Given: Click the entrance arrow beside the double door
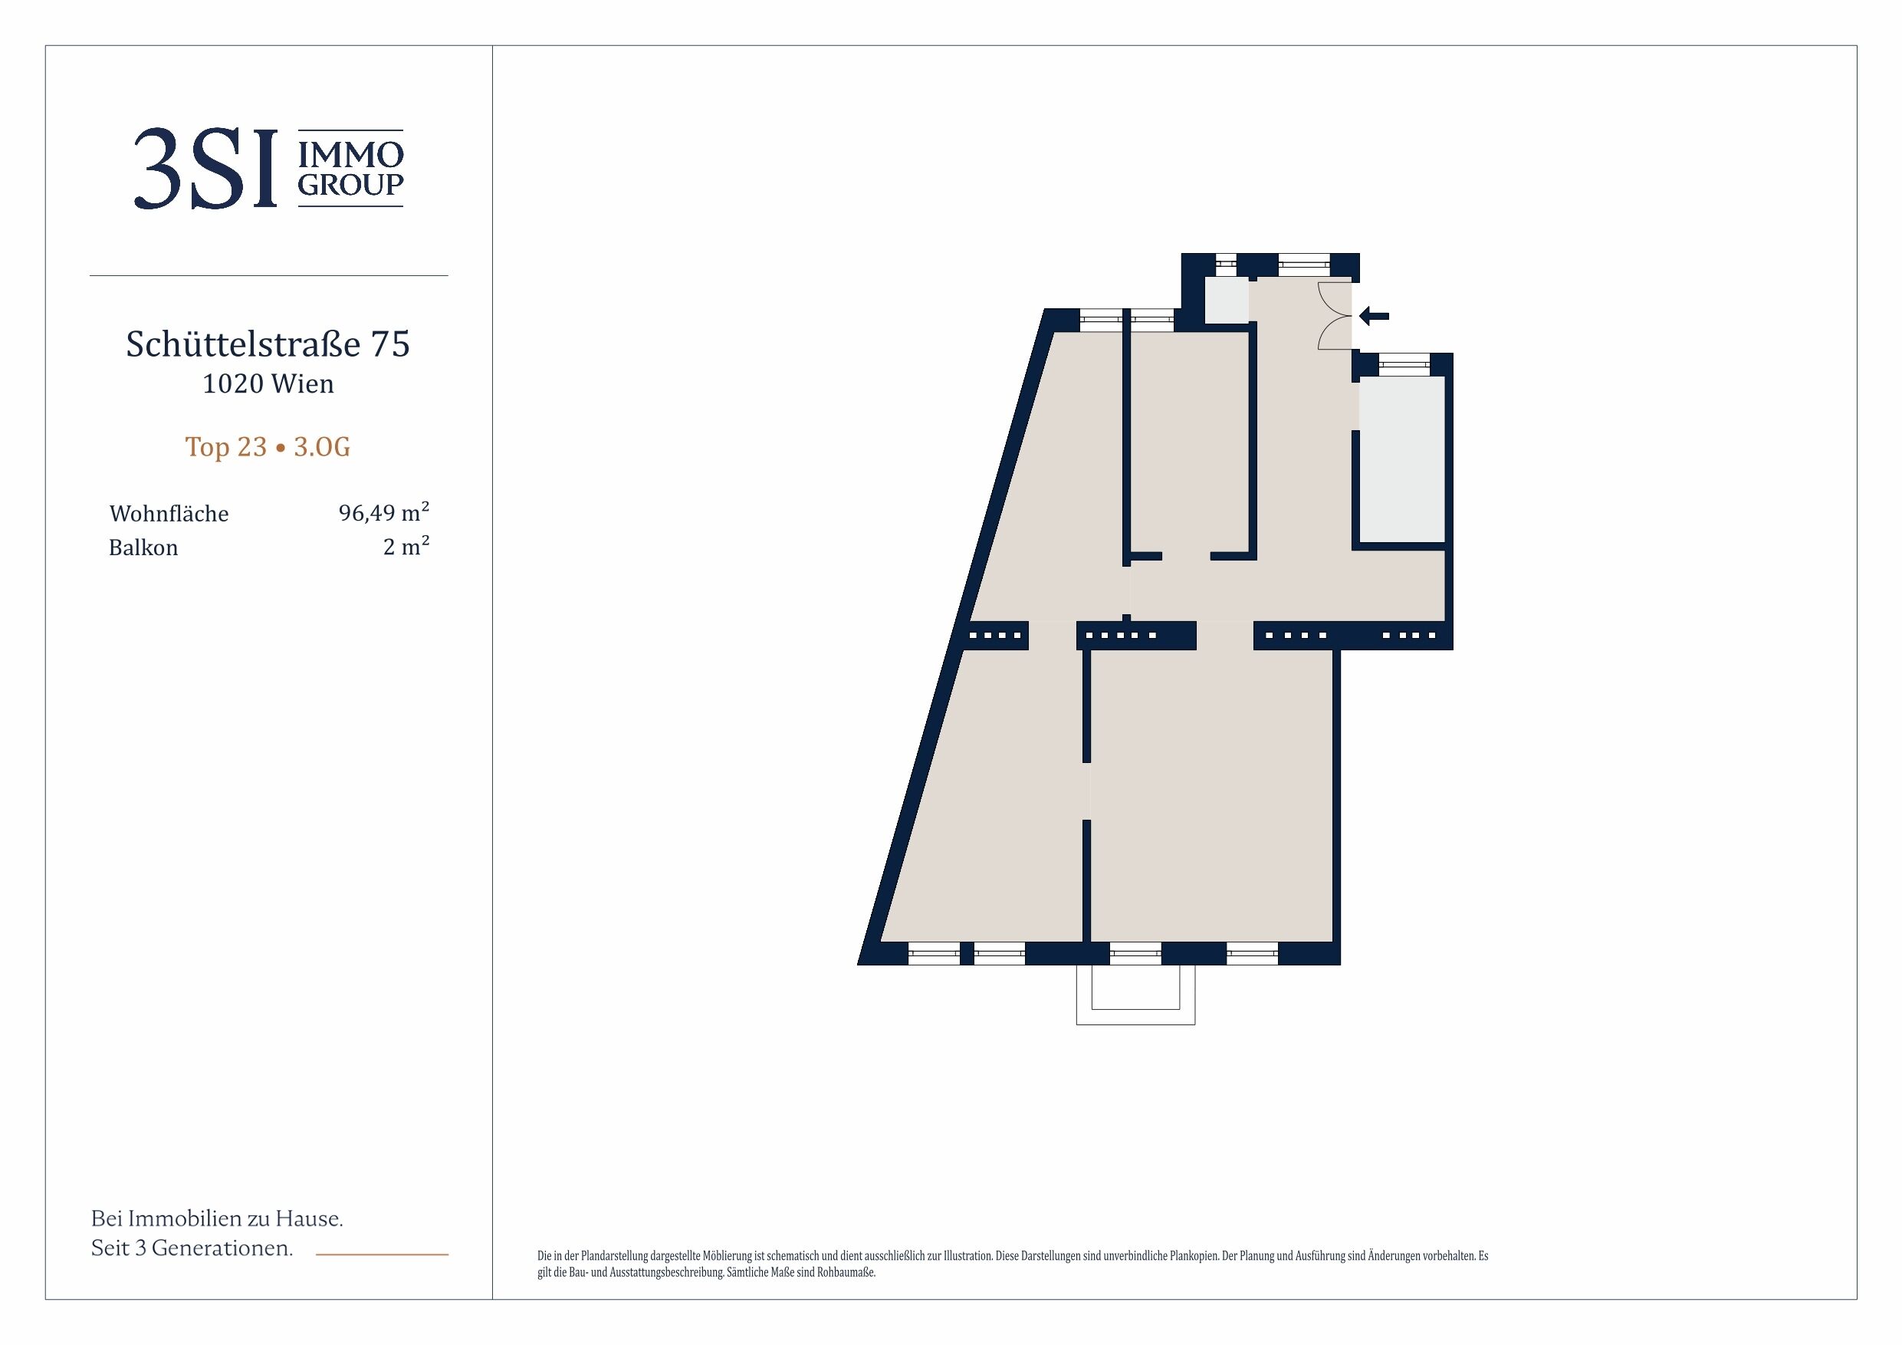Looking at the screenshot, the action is coord(1374,316).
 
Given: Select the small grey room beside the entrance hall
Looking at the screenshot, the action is coord(1226,300).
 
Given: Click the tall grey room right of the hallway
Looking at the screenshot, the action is coord(1401,460).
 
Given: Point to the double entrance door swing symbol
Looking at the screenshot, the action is coord(1335,316).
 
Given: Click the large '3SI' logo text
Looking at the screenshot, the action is coord(205,169).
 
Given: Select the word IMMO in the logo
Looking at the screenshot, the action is coord(350,154).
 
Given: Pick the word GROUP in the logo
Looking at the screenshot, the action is coord(350,184).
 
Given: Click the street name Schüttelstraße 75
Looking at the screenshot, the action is coord(268,344).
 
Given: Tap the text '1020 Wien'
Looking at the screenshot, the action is coord(268,383).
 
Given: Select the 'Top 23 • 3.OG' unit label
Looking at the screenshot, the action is coord(268,447).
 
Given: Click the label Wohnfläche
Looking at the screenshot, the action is coord(169,514).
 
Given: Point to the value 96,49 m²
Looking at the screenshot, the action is coord(383,512).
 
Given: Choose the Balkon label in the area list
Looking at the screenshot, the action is coord(143,548).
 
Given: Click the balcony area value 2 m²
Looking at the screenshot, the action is coord(406,546).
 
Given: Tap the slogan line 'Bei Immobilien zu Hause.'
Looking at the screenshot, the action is coord(217,1218).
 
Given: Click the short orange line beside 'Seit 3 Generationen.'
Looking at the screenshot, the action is coord(382,1255).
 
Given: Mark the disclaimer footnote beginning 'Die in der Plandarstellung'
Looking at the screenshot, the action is coord(1012,1264).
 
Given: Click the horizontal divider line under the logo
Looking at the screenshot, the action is coord(268,275).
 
